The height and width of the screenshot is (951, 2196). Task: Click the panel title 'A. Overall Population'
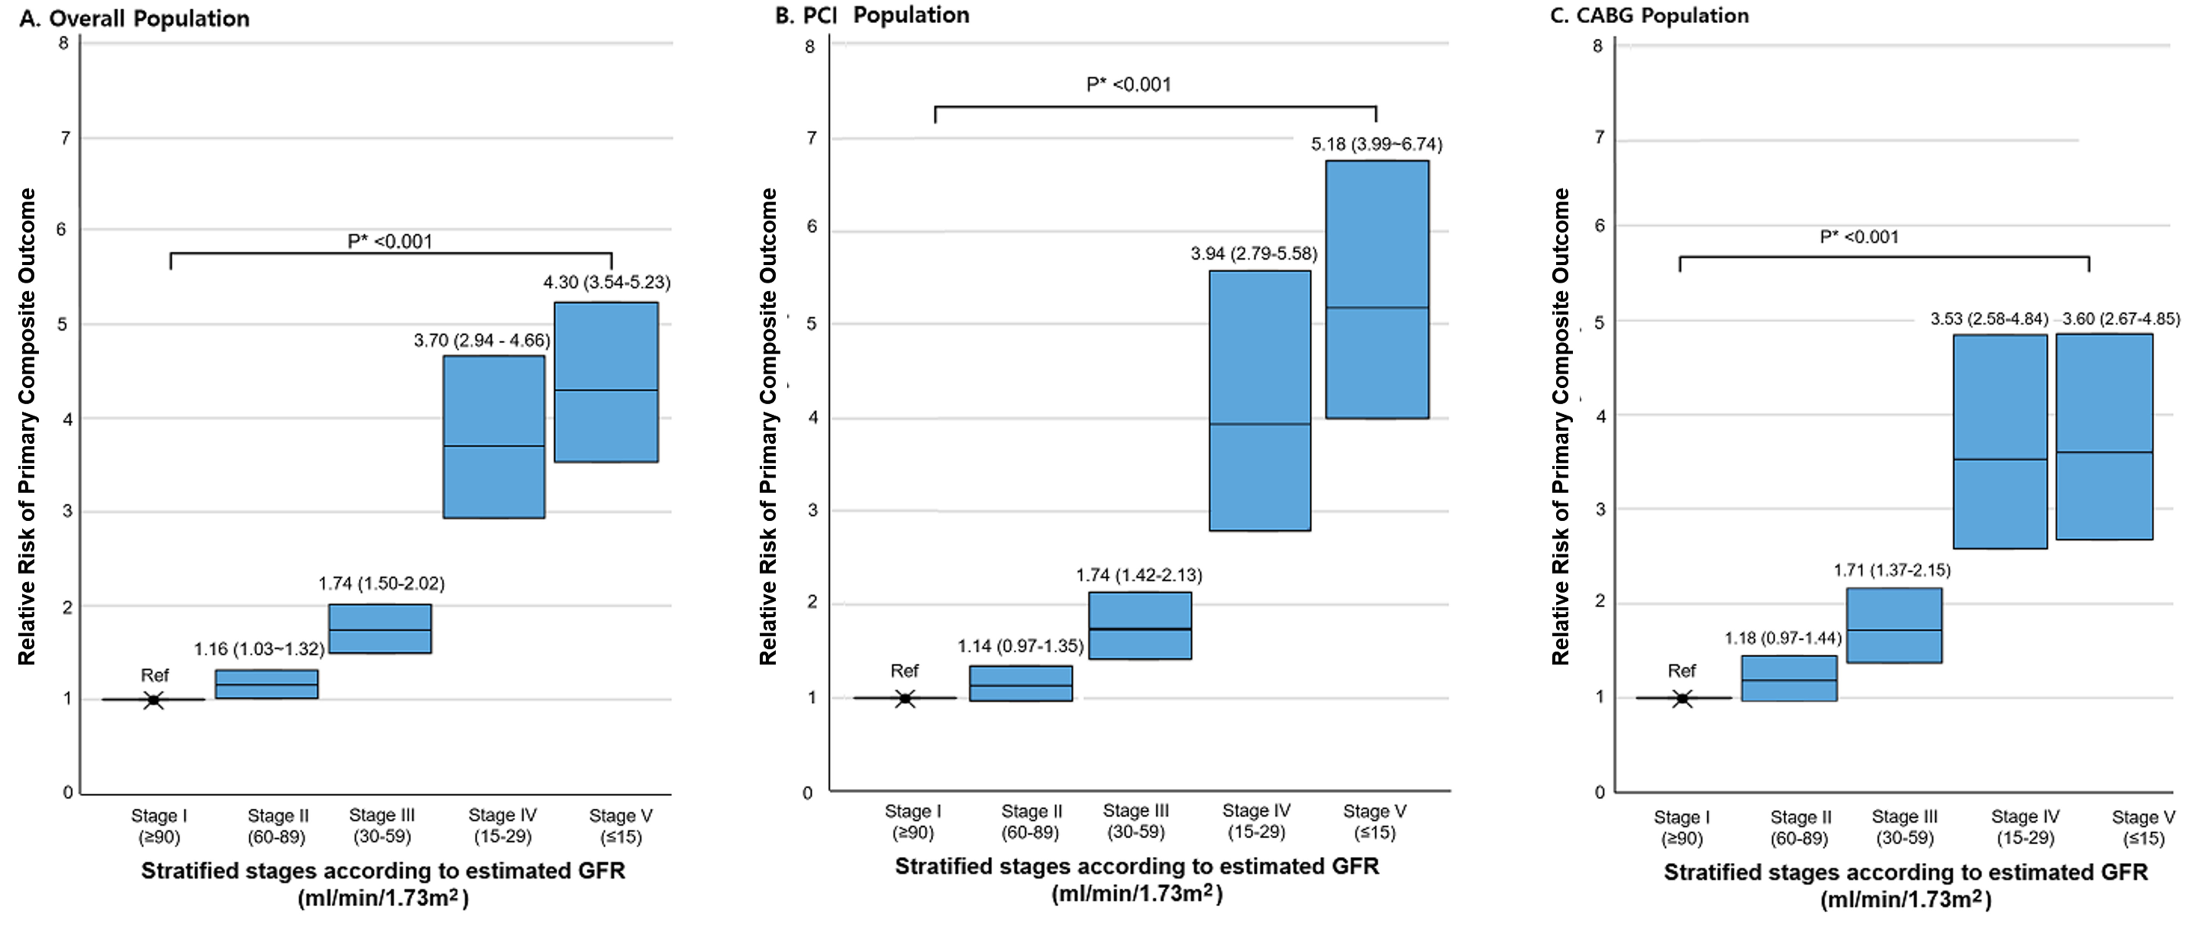click(135, 19)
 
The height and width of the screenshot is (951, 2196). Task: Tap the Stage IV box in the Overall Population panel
click(494, 437)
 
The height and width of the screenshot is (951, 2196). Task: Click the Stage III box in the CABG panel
click(1893, 625)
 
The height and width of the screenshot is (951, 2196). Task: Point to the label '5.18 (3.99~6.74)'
click(1376, 144)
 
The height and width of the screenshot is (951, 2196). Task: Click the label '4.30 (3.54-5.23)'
click(606, 282)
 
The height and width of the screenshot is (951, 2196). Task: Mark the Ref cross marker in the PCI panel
click(905, 699)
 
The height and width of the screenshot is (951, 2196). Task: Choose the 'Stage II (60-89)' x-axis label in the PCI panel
click(1031, 822)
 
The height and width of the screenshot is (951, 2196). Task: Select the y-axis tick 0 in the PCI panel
click(807, 792)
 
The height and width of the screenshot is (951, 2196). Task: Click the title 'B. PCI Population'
click(872, 15)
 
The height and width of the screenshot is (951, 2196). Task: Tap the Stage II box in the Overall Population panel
click(266, 684)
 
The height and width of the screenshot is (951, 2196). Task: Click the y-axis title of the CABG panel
click(1560, 427)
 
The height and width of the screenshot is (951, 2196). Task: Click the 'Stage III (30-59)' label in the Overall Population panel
click(382, 826)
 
